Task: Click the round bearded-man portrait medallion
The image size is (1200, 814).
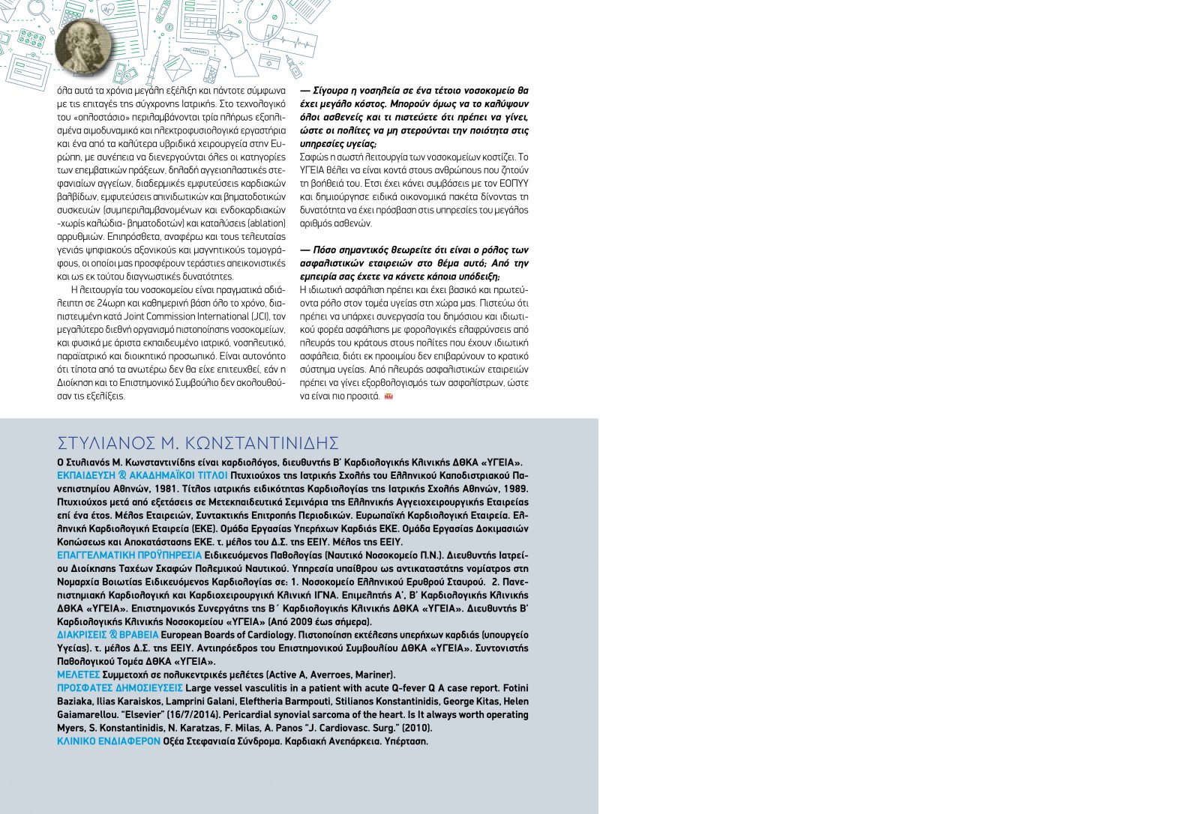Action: click(x=82, y=46)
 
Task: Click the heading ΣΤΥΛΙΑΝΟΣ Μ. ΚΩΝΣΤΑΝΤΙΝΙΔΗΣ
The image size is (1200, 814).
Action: click(x=198, y=442)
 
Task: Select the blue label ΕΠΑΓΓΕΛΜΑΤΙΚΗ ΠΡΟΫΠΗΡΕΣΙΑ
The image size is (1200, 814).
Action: click(x=129, y=555)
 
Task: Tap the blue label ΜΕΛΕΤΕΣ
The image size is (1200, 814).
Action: click(x=78, y=675)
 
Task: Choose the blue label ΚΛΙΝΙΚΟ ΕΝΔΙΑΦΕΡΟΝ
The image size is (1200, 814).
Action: click(x=109, y=741)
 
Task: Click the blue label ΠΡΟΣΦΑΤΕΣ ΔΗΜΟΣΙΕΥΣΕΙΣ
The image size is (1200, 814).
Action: click(x=120, y=688)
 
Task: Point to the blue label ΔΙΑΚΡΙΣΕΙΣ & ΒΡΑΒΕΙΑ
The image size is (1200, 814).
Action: click(x=108, y=635)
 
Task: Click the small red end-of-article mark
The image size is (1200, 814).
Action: click(x=388, y=397)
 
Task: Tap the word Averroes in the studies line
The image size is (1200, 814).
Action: click(x=330, y=675)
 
